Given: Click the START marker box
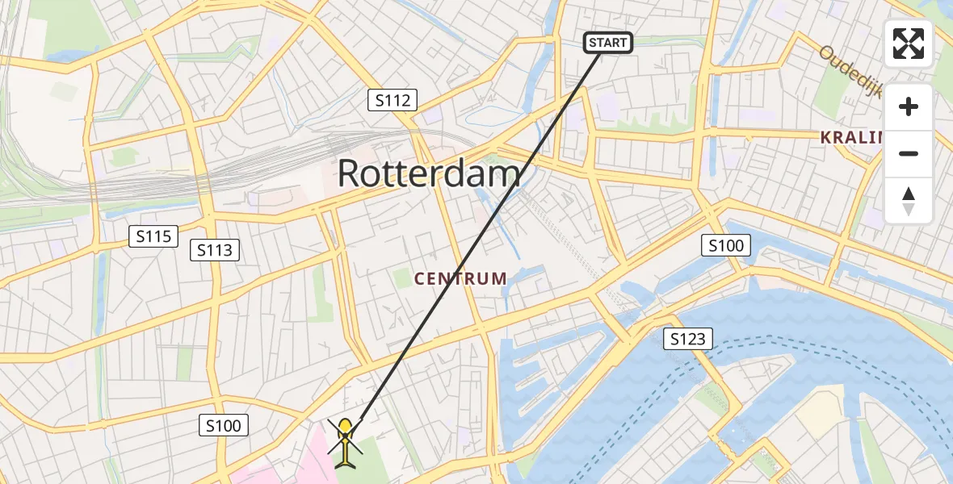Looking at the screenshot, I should pos(608,43).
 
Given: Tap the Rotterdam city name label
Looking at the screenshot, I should pos(429,173).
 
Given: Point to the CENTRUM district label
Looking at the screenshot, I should pos(460,279).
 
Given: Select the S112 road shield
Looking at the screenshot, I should pos(393,101).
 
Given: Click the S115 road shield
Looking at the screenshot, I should pos(153,236).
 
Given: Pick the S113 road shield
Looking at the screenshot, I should pos(215,250).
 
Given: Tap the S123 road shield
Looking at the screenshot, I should pos(688,340).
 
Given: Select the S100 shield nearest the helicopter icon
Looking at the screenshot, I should pos(223,425).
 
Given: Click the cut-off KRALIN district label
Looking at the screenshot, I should pos(853,137).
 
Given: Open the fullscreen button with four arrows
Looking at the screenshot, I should pos(909,44).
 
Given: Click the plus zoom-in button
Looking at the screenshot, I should pos(909,106).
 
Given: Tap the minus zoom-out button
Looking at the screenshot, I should pos(909,153).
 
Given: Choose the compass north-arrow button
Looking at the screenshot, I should pos(909,200).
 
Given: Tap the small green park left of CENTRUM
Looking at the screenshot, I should pos(402,279).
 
